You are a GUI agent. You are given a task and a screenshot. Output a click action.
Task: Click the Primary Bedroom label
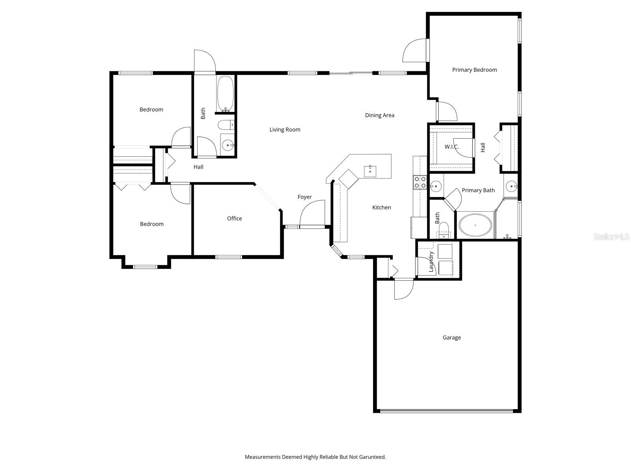click(x=474, y=70)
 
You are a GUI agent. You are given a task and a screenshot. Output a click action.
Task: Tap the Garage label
click(x=452, y=337)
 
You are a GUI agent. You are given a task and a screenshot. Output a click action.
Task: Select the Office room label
click(x=234, y=218)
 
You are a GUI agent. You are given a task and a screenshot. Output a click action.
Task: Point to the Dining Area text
click(x=379, y=115)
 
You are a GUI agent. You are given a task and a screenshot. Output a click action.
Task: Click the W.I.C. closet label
click(x=451, y=147)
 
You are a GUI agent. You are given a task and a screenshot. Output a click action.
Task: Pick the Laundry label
click(x=431, y=261)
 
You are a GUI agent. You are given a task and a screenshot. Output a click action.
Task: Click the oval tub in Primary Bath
click(x=475, y=225)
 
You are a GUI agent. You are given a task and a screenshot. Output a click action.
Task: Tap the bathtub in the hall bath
click(x=225, y=94)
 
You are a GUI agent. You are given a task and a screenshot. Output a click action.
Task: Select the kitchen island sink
click(x=370, y=171)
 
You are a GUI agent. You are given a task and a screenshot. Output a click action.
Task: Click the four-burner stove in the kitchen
click(x=419, y=182)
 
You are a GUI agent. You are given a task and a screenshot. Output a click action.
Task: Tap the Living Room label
click(x=285, y=129)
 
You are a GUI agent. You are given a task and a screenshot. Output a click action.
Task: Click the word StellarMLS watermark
click(x=611, y=236)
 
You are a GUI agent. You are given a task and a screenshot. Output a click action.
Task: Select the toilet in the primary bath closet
click(x=444, y=230)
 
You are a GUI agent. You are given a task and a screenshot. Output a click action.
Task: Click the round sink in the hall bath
click(x=228, y=145)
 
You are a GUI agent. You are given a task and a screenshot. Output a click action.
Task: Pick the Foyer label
click(x=304, y=197)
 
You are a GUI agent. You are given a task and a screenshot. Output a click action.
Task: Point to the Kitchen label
click(x=381, y=207)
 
